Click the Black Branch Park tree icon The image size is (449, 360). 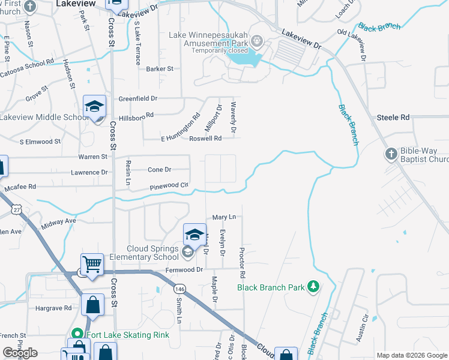(x=312, y=287)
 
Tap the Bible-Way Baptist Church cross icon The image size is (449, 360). (x=391, y=154)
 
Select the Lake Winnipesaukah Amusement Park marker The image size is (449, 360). (x=258, y=41)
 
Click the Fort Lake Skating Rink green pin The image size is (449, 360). (x=77, y=334)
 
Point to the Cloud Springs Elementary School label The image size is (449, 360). (x=152, y=253)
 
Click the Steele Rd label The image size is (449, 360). (x=393, y=118)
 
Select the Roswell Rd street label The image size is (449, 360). (x=206, y=138)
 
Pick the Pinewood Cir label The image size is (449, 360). (x=170, y=187)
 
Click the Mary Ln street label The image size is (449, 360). (x=224, y=217)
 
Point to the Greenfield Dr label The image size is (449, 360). (x=137, y=98)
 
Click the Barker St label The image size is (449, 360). (x=160, y=69)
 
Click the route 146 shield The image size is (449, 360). (x=179, y=289)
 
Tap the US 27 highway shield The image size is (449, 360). (x=16, y=208)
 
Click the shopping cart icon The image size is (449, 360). (x=92, y=264)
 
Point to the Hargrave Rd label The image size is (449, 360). (x=53, y=308)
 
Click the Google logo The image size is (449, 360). (x=20, y=353)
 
